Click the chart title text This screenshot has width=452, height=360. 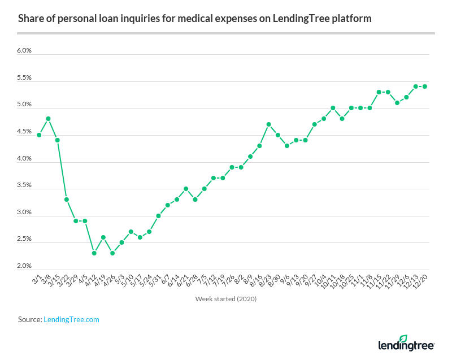point(195,19)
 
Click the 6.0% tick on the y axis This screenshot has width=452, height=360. point(24,50)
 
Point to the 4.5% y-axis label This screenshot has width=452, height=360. point(24,132)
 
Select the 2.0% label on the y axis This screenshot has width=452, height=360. point(24,266)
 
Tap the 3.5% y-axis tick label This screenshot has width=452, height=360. point(24,185)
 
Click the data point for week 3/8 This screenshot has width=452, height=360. point(48,119)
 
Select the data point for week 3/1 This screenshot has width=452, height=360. point(39,135)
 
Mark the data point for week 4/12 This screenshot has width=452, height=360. point(94,253)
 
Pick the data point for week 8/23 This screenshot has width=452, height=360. point(268,124)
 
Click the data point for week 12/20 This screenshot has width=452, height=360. point(424,86)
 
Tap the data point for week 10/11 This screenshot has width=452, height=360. point(333,108)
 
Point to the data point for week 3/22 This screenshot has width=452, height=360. point(67,199)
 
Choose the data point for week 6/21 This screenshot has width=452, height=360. point(186,189)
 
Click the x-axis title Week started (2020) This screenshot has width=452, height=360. point(226,299)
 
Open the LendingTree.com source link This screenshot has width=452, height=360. point(71,320)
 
